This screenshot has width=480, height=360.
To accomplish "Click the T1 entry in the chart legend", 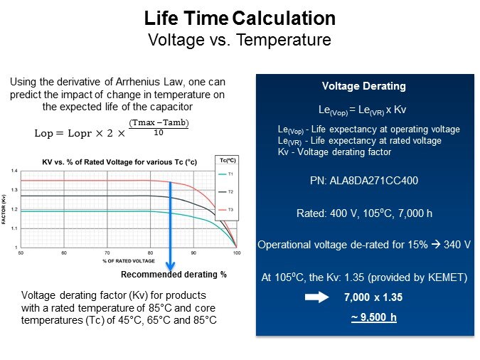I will (230, 174).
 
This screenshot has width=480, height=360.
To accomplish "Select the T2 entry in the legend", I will (230, 192).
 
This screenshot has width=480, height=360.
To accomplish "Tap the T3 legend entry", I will (230, 209).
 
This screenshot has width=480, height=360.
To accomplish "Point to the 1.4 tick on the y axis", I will (14, 171).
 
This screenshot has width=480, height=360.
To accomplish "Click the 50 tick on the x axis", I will (21, 253).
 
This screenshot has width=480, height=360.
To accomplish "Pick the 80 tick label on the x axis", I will (151, 253).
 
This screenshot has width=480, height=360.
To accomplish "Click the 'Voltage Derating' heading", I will (363, 86).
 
